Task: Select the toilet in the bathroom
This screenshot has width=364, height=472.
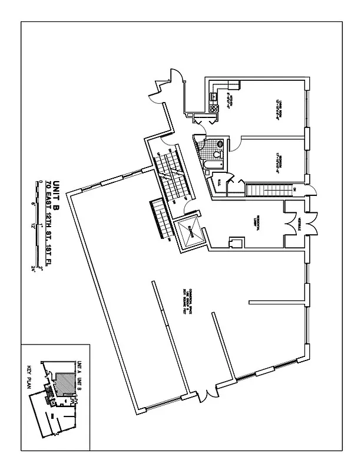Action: [219, 143]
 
